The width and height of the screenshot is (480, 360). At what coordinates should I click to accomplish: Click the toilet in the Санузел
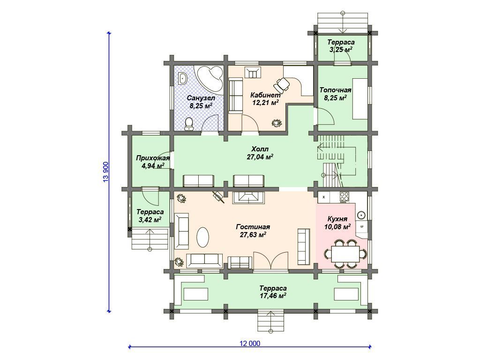click(189, 124)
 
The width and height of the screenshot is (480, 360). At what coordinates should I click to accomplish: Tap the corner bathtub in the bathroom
click(210, 78)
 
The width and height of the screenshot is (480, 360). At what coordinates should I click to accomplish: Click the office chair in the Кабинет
click(282, 84)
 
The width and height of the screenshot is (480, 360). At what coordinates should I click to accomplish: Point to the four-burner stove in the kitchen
click(344, 197)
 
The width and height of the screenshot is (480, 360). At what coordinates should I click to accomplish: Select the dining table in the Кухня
click(345, 254)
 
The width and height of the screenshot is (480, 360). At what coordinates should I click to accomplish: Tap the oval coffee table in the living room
click(202, 237)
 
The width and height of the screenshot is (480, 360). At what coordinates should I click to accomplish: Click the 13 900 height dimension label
click(106, 172)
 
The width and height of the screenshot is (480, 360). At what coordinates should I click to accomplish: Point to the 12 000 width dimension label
click(250, 344)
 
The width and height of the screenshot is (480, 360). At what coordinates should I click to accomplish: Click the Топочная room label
click(335, 90)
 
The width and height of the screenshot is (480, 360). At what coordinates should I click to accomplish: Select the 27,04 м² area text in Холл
click(260, 157)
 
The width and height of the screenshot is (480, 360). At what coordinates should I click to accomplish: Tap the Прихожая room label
click(153, 158)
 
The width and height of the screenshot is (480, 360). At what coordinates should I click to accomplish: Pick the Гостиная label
click(253, 227)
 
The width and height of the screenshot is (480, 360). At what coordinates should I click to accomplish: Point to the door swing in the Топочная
click(326, 117)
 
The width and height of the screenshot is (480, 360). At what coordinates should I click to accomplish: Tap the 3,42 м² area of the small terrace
click(150, 219)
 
